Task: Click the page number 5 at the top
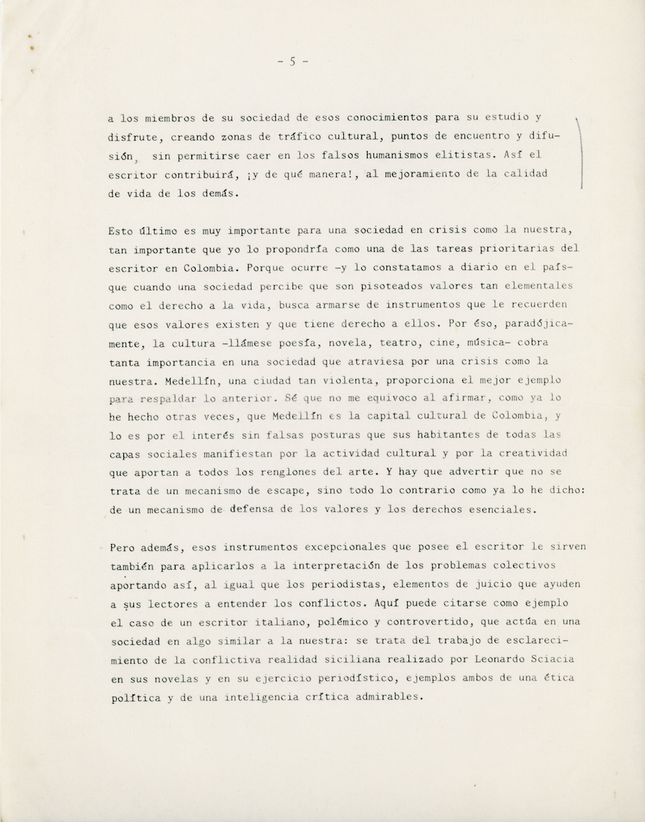point(292,62)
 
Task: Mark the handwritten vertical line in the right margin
point(580,155)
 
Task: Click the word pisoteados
point(393,285)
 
